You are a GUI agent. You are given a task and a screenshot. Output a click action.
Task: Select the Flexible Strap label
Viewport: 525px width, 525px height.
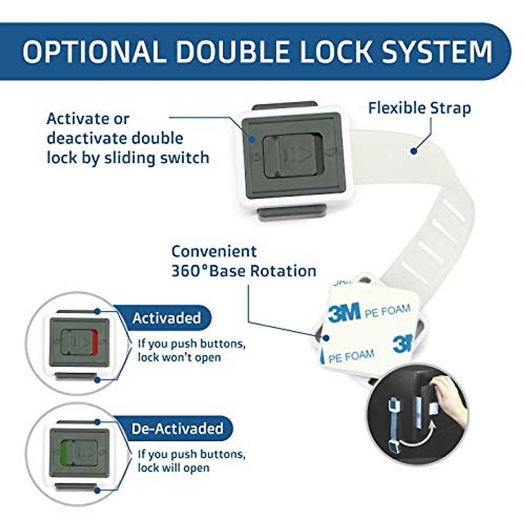coord(419,108)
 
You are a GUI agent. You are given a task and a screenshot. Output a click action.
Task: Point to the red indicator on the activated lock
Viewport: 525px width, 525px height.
coord(95,342)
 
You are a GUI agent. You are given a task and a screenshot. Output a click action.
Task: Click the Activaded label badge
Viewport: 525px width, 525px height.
coord(166,318)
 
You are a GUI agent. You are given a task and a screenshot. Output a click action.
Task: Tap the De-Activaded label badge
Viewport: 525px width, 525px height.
coord(177,428)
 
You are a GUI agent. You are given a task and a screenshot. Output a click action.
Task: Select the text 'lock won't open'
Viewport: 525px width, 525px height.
coord(179,357)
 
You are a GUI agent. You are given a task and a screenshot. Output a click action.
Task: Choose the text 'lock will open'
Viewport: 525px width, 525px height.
coord(174,468)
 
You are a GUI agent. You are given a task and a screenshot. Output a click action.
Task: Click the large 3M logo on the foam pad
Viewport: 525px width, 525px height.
coord(344,312)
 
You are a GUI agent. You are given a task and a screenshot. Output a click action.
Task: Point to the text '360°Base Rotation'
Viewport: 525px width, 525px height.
coord(244,271)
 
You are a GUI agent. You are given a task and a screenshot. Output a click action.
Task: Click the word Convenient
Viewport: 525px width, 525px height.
coord(214,252)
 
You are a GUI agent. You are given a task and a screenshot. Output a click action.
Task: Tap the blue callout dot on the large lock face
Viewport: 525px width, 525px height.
coord(252,139)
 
